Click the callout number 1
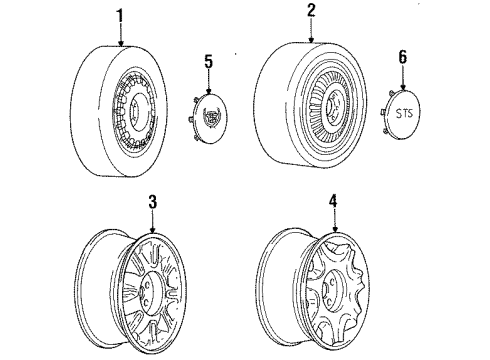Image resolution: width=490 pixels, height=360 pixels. pyautogui.click(x=120, y=16)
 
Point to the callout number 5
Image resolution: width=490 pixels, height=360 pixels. pyautogui.click(x=209, y=62)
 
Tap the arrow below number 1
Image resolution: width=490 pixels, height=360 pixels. pyautogui.click(x=120, y=38)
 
